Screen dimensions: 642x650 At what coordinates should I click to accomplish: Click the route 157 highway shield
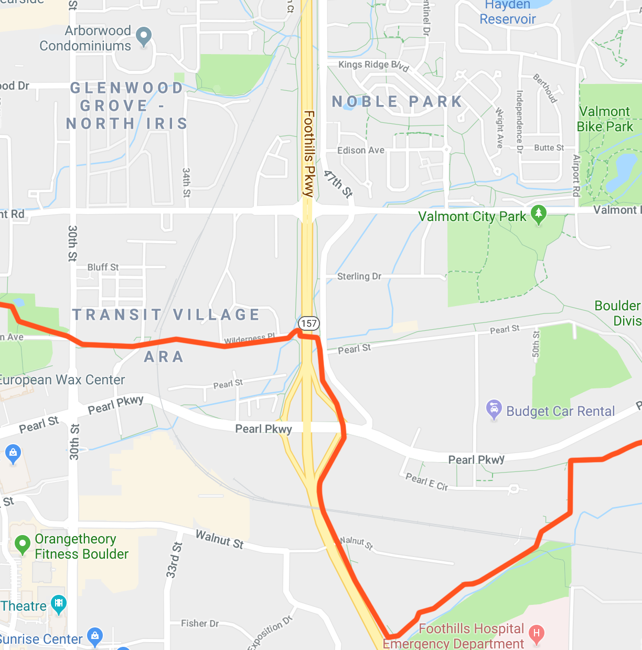click(309, 323)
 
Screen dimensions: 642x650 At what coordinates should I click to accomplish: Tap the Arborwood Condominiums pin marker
click(144, 36)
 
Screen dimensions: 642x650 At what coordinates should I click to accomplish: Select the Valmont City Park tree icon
click(539, 214)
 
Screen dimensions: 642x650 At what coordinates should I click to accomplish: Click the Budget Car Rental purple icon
click(494, 409)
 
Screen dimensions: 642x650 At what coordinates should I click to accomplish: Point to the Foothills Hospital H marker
click(536, 633)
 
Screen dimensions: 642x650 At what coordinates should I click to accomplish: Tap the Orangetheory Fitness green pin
click(23, 544)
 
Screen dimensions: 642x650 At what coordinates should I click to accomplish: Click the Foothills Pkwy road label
click(308, 153)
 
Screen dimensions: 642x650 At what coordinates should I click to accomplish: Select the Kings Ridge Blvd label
click(373, 65)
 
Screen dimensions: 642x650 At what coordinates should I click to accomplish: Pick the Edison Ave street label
click(360, 150)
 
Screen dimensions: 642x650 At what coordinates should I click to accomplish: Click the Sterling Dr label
click(359, 276)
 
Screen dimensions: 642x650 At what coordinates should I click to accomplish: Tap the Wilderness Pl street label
click(249, 339)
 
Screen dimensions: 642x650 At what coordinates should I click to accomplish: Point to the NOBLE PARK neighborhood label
click(397, 101)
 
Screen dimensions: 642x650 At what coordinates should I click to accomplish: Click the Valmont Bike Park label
click(605, 119)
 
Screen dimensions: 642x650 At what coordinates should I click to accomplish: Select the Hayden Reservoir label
click(508, 12)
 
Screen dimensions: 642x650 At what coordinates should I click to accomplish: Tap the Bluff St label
click(103, 267)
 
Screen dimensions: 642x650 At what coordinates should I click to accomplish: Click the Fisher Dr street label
click(200, 623)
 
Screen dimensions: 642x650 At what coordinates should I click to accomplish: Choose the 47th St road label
click(338, 183)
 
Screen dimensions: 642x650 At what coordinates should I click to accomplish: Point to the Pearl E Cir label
click(426, 481)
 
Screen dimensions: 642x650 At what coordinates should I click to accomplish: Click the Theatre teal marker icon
click(59, 603)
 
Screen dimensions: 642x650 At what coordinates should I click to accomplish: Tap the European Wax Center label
click(62, 380)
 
